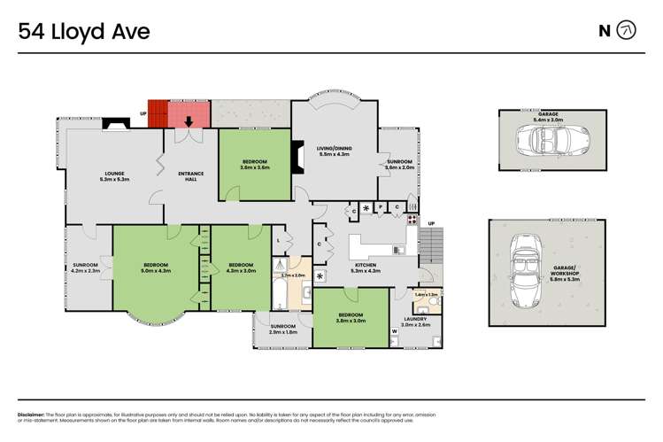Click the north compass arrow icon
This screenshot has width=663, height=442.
[626, 31]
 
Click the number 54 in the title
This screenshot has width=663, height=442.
[33, 32]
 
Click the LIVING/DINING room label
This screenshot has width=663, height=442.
[334, 149]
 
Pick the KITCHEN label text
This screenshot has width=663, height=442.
[366, 265]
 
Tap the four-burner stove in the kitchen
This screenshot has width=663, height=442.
[412, 221]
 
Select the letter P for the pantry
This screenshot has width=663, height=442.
[381, 207]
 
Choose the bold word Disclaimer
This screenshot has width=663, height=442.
[33, 415]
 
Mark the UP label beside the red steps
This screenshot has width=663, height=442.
[143, 113]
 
